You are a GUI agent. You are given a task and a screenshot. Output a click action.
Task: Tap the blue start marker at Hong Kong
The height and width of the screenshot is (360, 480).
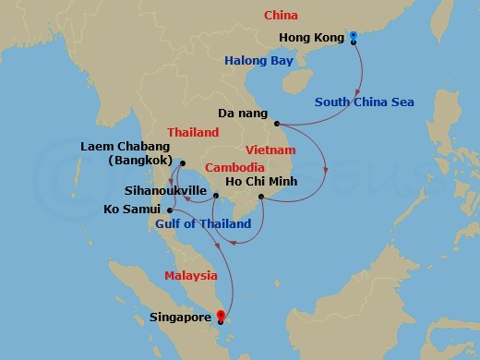tap(354, 36)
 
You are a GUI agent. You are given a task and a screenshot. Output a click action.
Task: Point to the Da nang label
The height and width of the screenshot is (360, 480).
tap(243, 114)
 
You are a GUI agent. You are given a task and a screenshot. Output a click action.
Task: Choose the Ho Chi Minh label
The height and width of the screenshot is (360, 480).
tap(261, 181)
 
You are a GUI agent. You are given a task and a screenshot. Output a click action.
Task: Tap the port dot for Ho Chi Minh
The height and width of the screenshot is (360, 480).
tap(261, 197)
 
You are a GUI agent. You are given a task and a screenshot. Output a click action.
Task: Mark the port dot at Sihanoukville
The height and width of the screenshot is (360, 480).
tap(215, 196)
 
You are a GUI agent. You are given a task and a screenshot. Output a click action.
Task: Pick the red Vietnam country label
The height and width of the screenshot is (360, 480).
tap(270, 150)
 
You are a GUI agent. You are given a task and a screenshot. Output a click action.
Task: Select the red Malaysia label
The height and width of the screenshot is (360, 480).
tap(191, 276)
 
